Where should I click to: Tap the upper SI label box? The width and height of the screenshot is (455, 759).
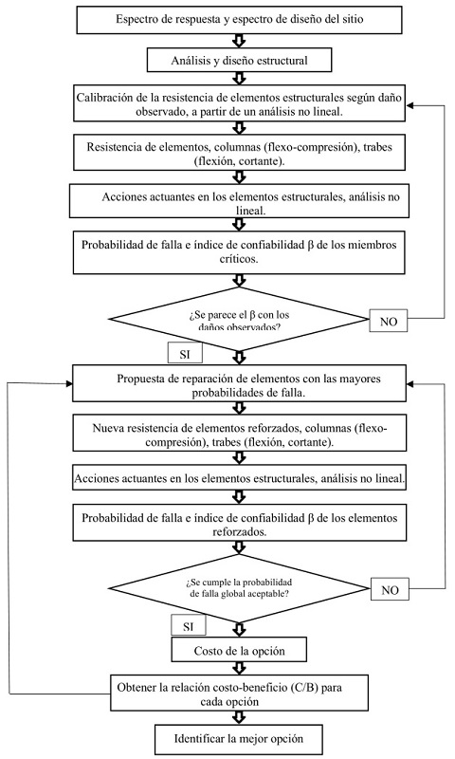click(x=186, y=353)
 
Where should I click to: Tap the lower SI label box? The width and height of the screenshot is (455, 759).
click(x=187, y=625)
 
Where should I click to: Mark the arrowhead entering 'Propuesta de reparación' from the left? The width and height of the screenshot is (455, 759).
click(x=71, y=384)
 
